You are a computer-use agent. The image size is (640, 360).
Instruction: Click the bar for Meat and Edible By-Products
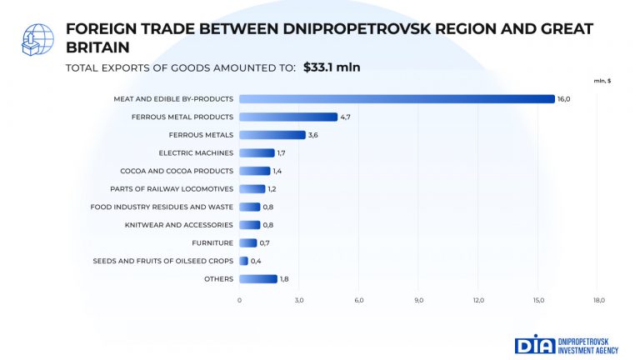pos(397,99)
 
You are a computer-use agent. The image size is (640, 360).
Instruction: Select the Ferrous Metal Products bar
pos(288,117)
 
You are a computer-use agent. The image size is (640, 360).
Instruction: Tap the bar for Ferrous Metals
pos(272,135)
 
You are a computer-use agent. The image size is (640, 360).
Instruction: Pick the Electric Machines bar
pos(257,152)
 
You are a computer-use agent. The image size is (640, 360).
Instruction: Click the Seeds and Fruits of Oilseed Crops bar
pos(243,261)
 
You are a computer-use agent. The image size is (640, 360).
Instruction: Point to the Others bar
pos(258,279)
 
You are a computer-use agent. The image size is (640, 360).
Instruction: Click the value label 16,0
pos(563,99)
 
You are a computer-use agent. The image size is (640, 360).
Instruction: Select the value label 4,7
pos(345,117)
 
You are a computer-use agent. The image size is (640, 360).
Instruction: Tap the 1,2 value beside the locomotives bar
pos(272,189)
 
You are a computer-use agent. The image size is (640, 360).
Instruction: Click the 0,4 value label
pos(256,261)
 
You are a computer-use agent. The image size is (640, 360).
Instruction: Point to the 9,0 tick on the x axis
pos(419,300)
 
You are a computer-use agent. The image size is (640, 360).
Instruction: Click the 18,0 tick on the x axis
pos(599,300)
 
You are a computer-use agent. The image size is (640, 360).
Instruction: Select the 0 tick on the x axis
pos(239,300)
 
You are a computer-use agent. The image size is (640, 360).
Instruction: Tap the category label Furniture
pos(212,242)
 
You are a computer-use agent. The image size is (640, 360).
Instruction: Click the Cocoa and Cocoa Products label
pos(177,171)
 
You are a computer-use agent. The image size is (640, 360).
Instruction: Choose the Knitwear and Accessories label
pos(179,225)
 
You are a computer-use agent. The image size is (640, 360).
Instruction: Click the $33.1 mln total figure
pos(332,67)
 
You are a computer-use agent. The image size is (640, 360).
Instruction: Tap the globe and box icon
pos(37,40)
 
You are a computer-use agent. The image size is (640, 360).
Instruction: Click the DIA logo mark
pos(535,344)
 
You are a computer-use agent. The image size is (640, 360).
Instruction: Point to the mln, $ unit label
pos(602,81)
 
